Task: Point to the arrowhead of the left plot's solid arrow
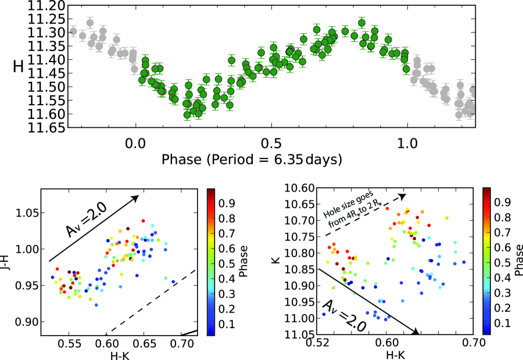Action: pyautogui.click(x=137, y=197)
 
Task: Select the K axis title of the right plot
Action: pyautogui.click(x=278, y=261)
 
